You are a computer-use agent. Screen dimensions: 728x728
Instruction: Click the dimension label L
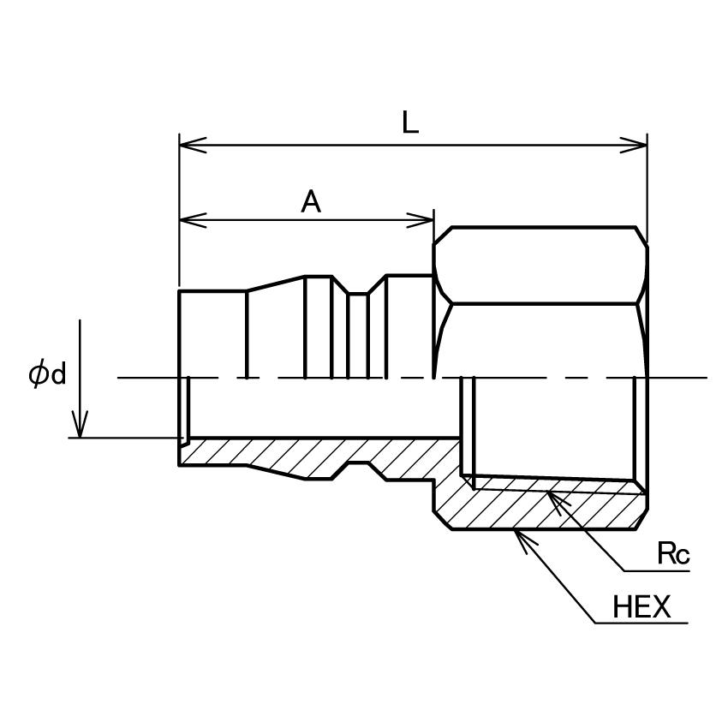pos(410,123)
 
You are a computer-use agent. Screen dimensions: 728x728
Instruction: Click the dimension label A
pos(311,201)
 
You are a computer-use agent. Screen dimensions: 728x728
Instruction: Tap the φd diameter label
pos(47,374)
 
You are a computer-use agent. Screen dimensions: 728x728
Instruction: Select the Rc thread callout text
pos(673,553)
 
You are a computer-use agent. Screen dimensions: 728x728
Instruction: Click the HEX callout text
pos(641,606)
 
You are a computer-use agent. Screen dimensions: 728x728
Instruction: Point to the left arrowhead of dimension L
pos(193,145)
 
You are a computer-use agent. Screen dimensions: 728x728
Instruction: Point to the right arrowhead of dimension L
pos(634,145)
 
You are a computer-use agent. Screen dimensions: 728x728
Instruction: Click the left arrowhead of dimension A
pos(193,220)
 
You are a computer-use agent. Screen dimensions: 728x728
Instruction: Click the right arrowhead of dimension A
pos(421,220)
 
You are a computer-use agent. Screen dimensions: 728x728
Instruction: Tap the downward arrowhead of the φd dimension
pos(80,423)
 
